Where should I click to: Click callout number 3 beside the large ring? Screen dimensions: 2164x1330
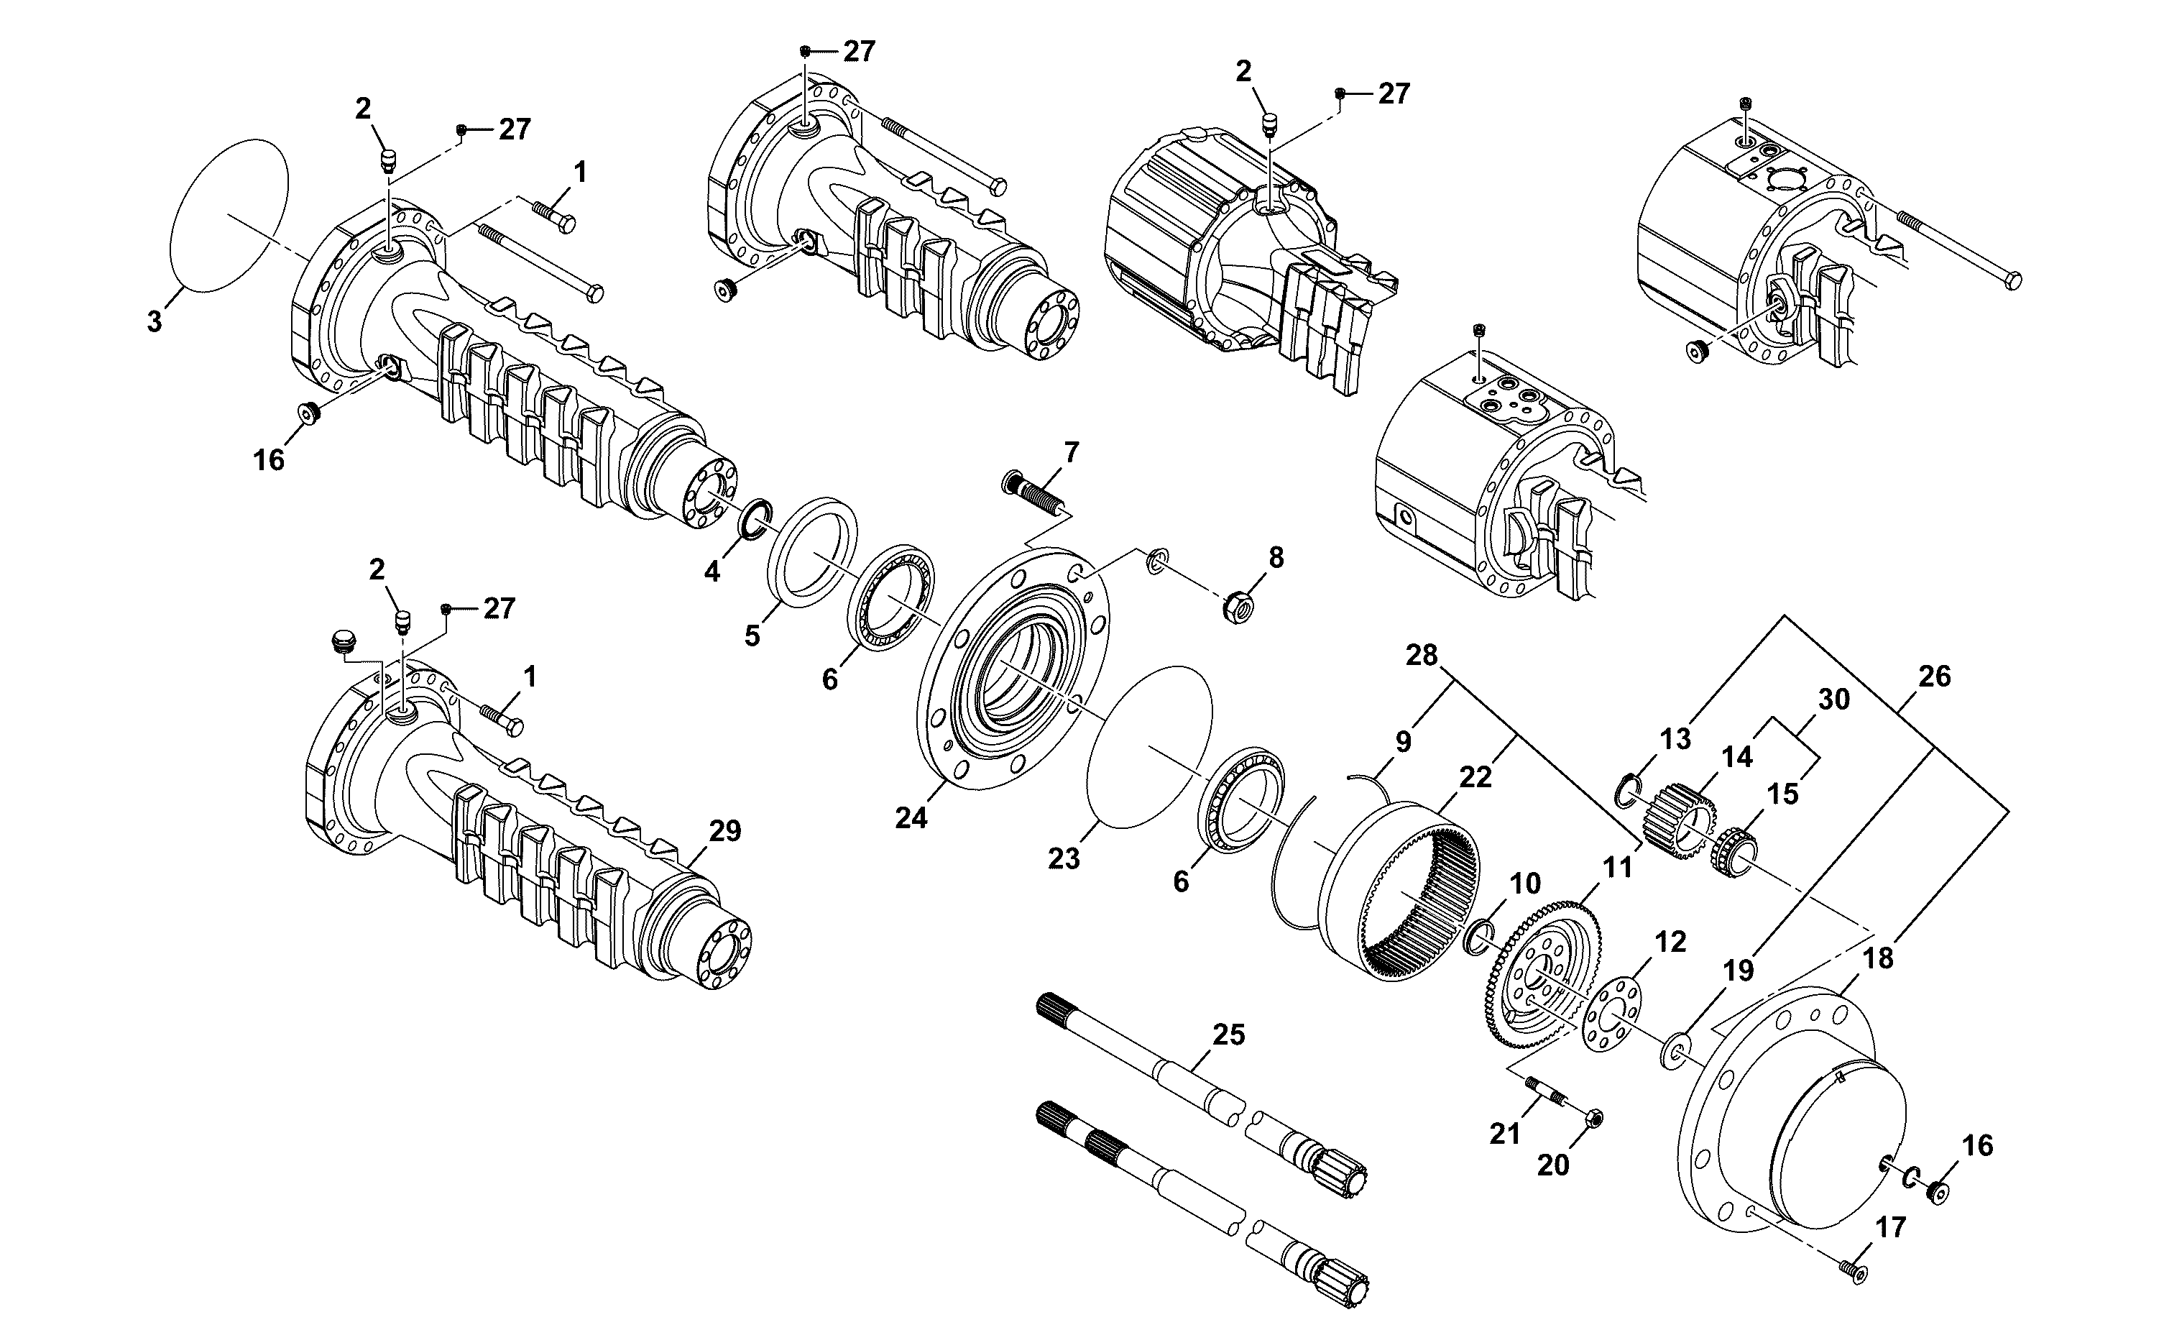pos(155,322)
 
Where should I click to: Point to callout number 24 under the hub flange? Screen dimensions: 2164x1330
pos(911,818)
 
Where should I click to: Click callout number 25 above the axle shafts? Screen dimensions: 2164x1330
pos(1228,1035)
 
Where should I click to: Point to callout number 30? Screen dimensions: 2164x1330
pos(1833,700)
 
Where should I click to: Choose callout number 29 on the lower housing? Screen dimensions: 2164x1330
pos(725,830)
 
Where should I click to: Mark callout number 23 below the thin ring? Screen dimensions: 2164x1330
pos(1063,858)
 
